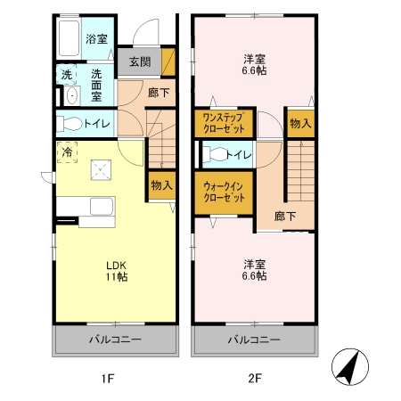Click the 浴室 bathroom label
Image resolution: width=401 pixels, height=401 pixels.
[96, 39]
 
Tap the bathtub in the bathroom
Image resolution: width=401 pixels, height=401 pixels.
[70, 37]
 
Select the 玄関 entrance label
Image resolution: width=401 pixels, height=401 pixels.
[140, 61]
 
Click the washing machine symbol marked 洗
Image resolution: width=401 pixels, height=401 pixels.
[67, 74]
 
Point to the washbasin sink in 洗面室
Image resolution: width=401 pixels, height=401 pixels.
[72, 95]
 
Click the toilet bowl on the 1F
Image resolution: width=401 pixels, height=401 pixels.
[70, 124]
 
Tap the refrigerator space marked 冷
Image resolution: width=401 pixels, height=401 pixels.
[67, 152]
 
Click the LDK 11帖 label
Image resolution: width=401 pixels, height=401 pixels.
[117, 271]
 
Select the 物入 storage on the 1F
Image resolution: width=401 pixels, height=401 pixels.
[162, 185]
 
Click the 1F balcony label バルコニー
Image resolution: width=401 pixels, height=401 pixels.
[116, 340]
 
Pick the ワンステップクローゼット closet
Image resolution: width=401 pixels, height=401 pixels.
[224, 123]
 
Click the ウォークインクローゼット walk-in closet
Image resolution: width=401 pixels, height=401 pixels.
[224, 192]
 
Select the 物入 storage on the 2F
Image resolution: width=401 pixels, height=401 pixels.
[300, 123]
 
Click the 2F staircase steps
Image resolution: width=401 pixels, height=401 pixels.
[301, 171]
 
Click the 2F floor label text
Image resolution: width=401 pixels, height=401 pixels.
[255, 378]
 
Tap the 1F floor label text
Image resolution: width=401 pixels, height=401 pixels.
[108, 378]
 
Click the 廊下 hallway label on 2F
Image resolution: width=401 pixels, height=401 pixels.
[284, 217]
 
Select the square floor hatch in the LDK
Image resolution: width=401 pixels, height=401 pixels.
[101, 170]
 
